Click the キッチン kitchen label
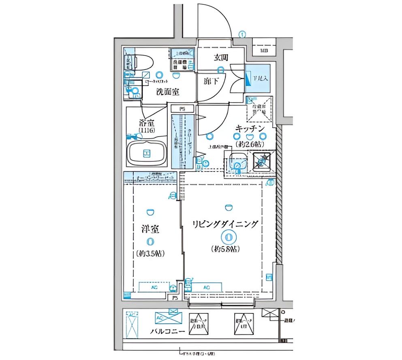point(250,129)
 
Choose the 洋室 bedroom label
point(150,229)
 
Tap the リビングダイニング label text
point(225,224)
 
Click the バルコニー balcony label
point(168,331)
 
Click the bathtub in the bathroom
point(146,153)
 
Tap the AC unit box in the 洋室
point(154,287)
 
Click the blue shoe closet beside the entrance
point(257,75)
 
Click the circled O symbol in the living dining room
point(228,237)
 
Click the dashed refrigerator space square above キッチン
point(260,109)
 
